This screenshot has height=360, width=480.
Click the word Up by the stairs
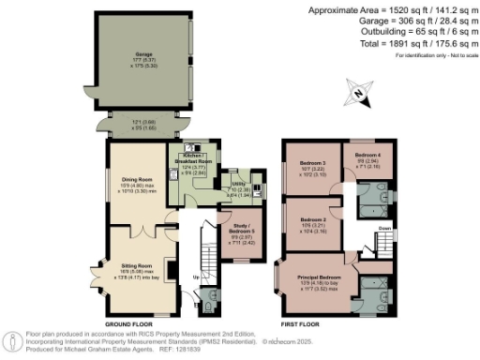pos(195,277)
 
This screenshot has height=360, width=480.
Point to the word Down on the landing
pos(383,227)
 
